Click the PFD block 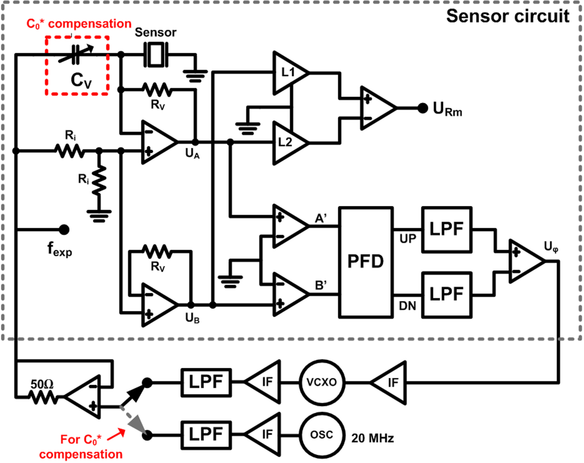366,262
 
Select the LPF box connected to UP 446,230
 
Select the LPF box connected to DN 446,294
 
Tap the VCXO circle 322,382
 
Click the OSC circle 322,435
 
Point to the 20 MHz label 372,438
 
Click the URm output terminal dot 423,108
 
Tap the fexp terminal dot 64,230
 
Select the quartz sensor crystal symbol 156,54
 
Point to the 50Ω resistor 43,397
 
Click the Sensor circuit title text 507,16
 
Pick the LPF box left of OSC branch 206,435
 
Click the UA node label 192,153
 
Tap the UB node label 192,318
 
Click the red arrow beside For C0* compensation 116,434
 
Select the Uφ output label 551,246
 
